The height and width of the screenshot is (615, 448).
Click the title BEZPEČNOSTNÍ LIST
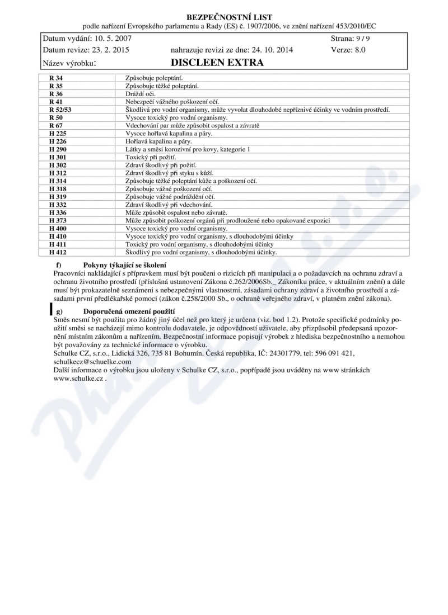point(223,17)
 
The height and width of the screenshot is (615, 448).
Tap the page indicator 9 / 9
point(356,39)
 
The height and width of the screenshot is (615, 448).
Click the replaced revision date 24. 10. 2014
point(265,50)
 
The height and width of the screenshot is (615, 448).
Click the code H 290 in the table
point(58,150)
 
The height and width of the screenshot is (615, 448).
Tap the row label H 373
point(58,221)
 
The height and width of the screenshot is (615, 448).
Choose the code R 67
point(55,126)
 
